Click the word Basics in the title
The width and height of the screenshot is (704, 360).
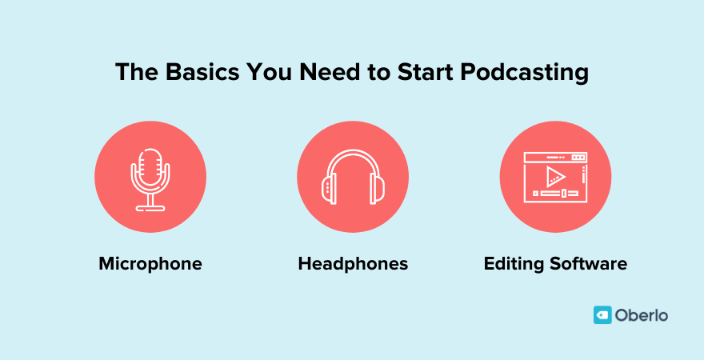193,72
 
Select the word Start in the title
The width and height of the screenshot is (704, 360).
430,72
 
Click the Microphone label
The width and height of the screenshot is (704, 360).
150,263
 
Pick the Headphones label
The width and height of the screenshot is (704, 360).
353,263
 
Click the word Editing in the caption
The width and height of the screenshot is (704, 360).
513,263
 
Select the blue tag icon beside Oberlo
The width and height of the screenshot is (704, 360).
602,315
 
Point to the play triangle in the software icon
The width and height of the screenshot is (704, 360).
556,176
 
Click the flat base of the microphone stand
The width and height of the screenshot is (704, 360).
150,208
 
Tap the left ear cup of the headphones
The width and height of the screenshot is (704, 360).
327,189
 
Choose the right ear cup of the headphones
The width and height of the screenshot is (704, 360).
378,189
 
